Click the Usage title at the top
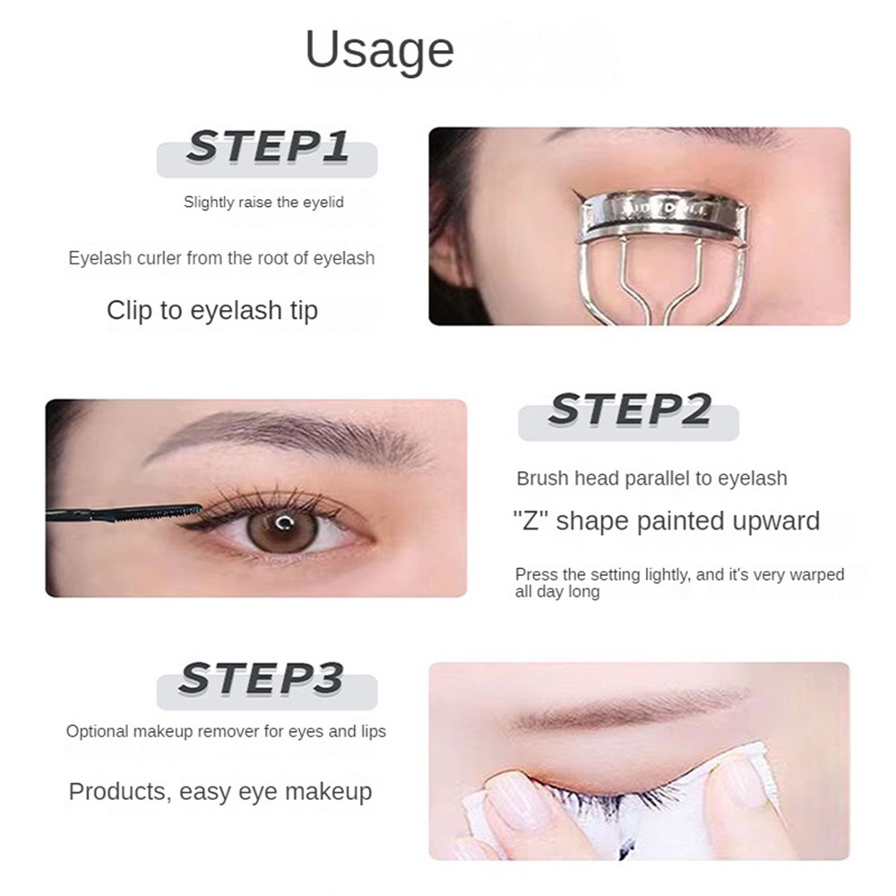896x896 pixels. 379,50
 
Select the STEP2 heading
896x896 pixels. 629,410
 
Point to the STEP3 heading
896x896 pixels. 261,679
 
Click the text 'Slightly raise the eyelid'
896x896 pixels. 263,202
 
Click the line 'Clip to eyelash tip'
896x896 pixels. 212,311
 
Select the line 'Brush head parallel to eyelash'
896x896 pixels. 651,478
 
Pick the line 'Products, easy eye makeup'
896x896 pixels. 220,792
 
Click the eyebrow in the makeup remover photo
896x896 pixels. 627,710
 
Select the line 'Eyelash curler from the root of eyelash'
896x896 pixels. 221,258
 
